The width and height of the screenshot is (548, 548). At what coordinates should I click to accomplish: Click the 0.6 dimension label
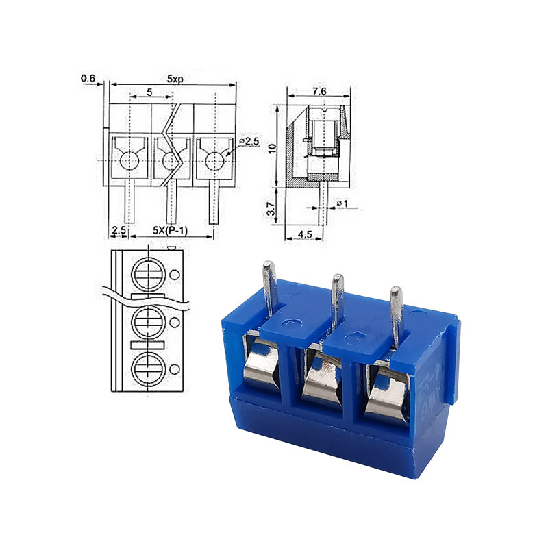coord(88,79)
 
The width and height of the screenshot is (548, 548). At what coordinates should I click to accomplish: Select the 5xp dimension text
coord(174,79)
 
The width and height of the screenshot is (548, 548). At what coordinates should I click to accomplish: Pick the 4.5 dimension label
coord(305,234)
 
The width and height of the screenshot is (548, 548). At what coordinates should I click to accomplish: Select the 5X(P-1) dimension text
coord(171,230)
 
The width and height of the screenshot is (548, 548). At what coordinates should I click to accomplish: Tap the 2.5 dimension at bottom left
coord(119,230)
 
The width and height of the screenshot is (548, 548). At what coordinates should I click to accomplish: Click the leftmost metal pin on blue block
coord(269,288)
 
